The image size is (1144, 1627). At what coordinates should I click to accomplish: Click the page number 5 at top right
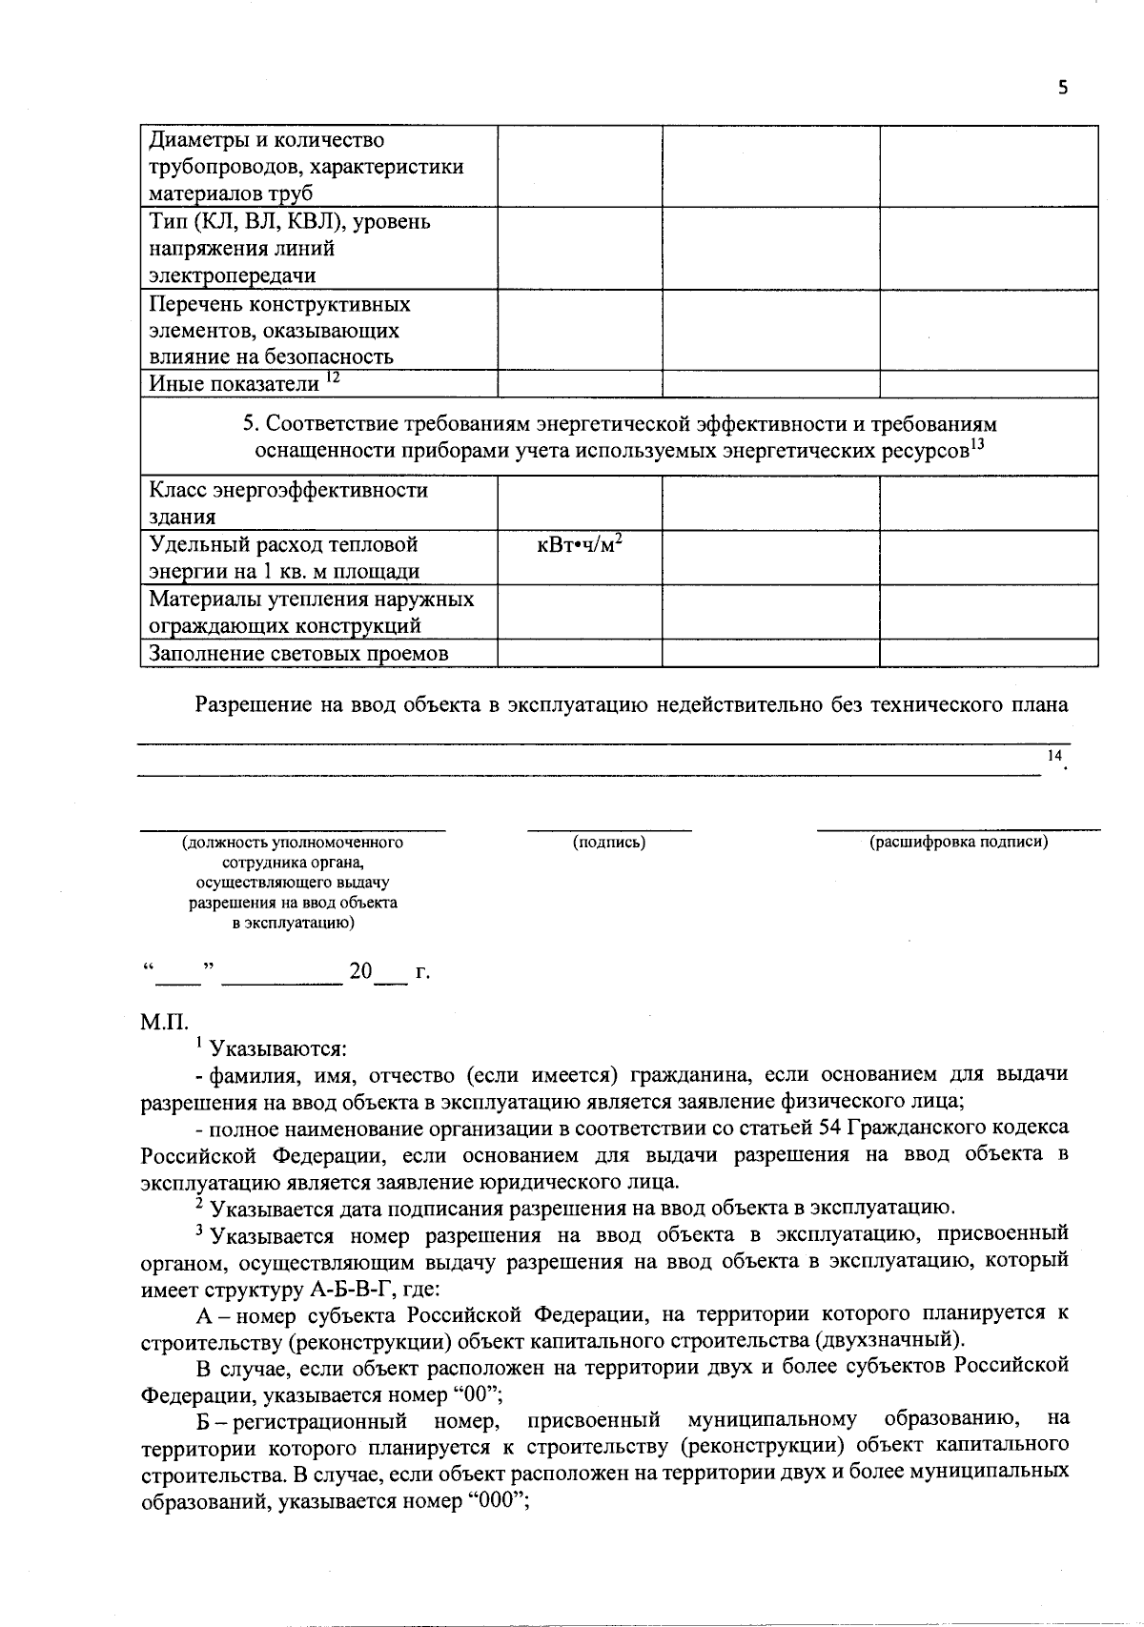1063,89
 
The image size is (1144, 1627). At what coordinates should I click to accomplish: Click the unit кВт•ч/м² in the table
580,545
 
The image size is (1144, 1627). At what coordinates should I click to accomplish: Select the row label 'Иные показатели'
235,384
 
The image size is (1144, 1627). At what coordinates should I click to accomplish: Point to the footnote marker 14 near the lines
1054,755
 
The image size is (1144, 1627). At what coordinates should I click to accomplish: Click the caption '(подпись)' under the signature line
609,843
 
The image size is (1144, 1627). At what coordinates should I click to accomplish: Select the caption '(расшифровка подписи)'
958,843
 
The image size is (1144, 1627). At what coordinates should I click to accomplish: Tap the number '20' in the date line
360,972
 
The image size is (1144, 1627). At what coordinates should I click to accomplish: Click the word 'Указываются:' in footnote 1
277,1049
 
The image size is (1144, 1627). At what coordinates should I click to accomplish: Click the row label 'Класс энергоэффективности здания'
289,503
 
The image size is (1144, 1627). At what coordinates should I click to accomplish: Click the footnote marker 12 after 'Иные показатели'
333,377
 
